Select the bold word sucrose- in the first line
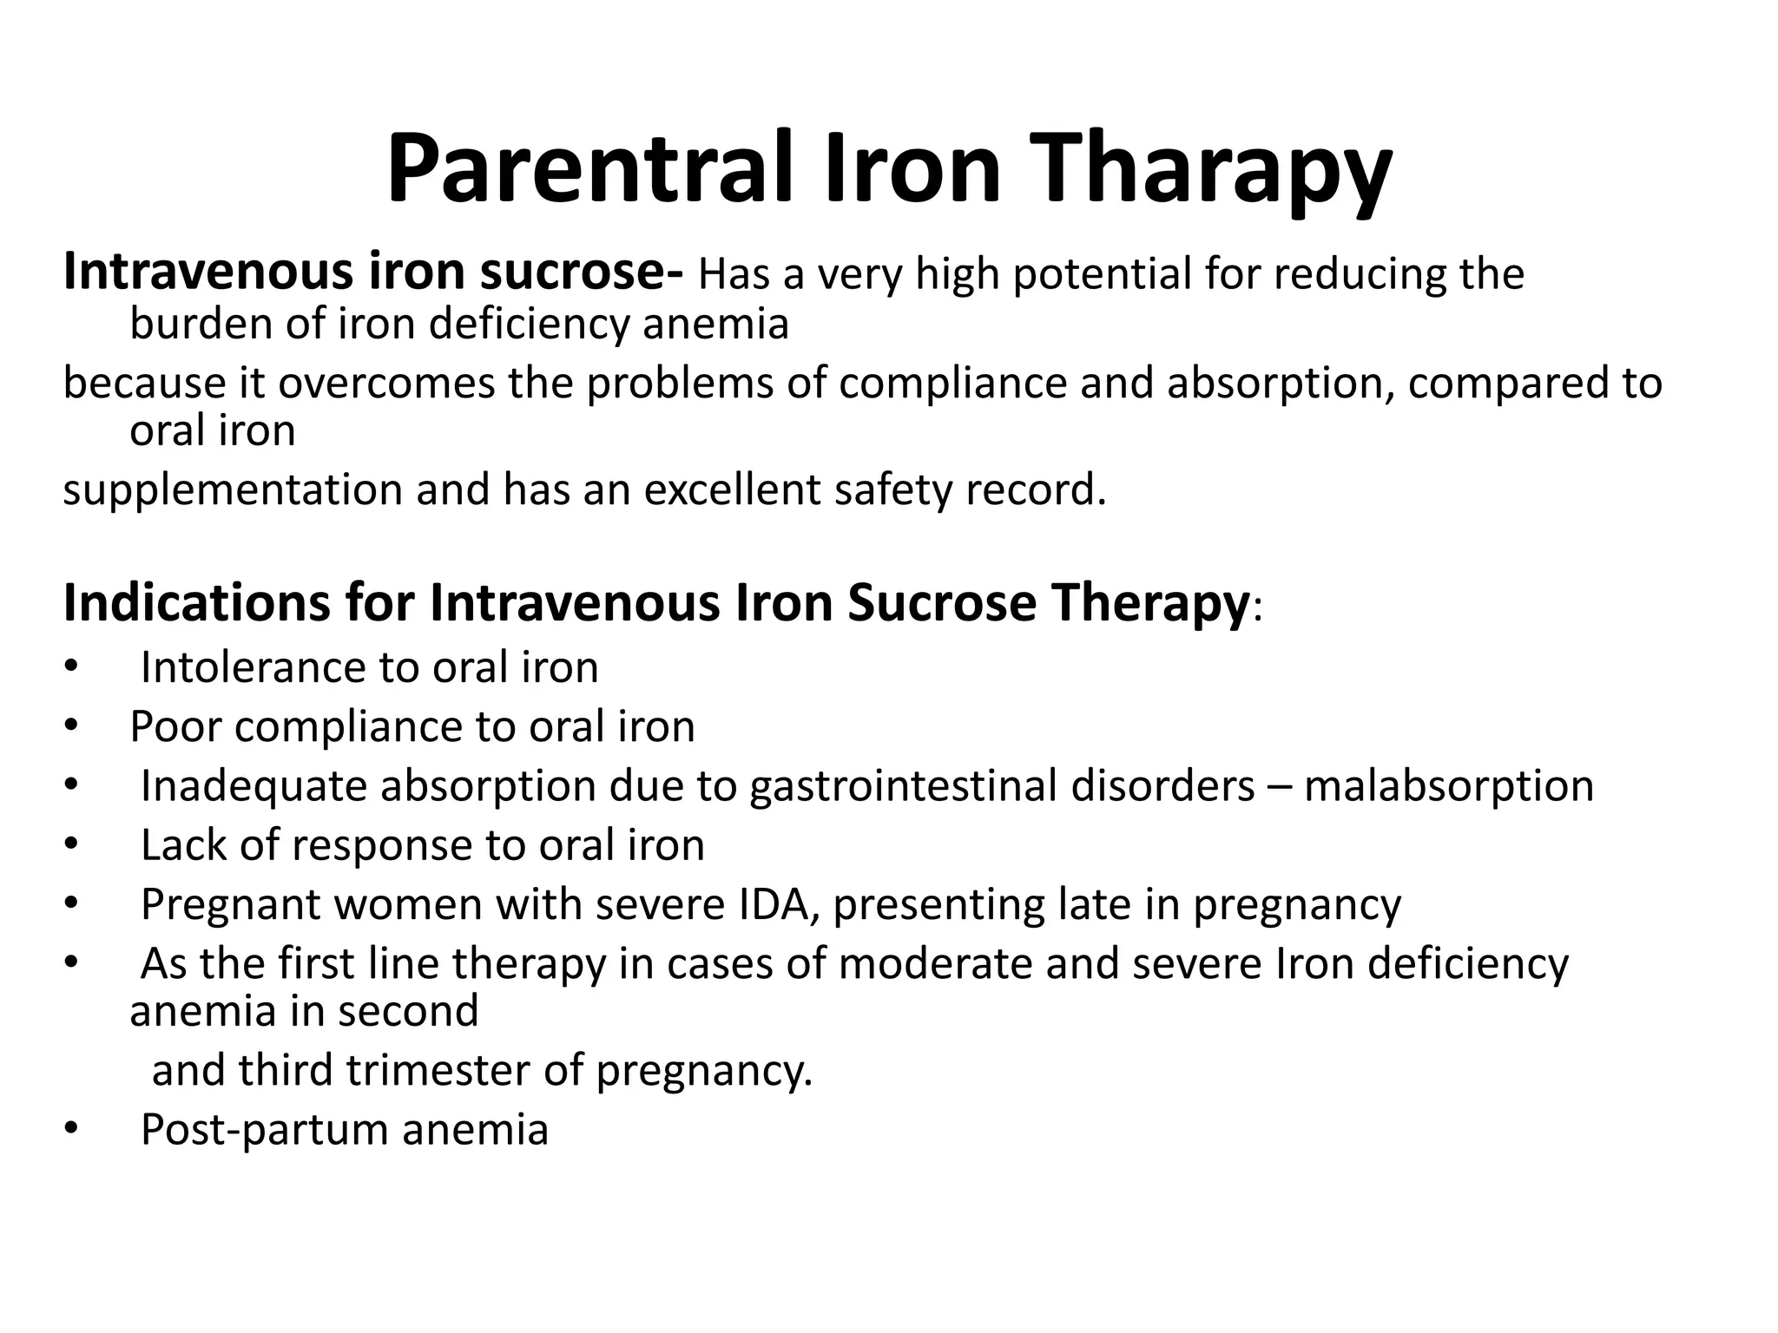pyautogui.click(x=582, y=272)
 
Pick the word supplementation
pyautogui.click(x=233, y=489)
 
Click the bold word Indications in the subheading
pyautogui.click(x=196, y=602)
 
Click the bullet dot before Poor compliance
pyautogui.click(x=71, y=726)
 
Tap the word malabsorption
pyautogui.click(x=1448, y=786)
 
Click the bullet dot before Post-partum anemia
pyautogui.click(x=71, y=1130)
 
